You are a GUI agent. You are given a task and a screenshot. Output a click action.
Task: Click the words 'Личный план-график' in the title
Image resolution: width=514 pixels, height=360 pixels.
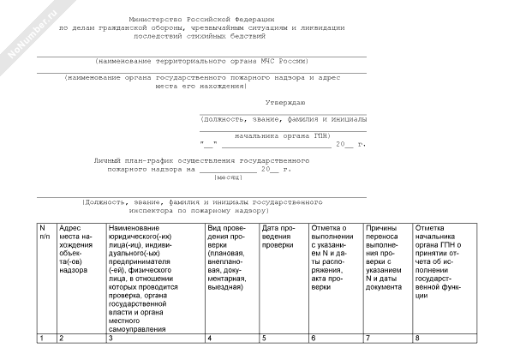click(133, 160)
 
